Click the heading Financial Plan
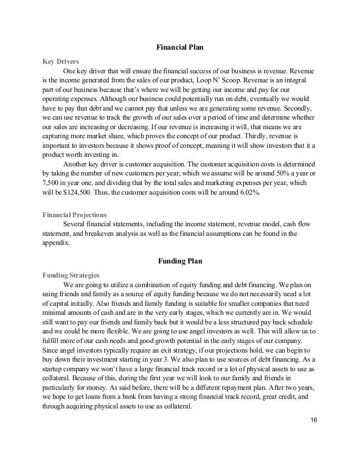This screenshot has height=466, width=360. click(180, 46)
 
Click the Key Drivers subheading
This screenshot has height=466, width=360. click(60, 60)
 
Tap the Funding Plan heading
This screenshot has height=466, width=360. click(179, 261)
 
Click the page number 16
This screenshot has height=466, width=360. click(315, 437)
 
